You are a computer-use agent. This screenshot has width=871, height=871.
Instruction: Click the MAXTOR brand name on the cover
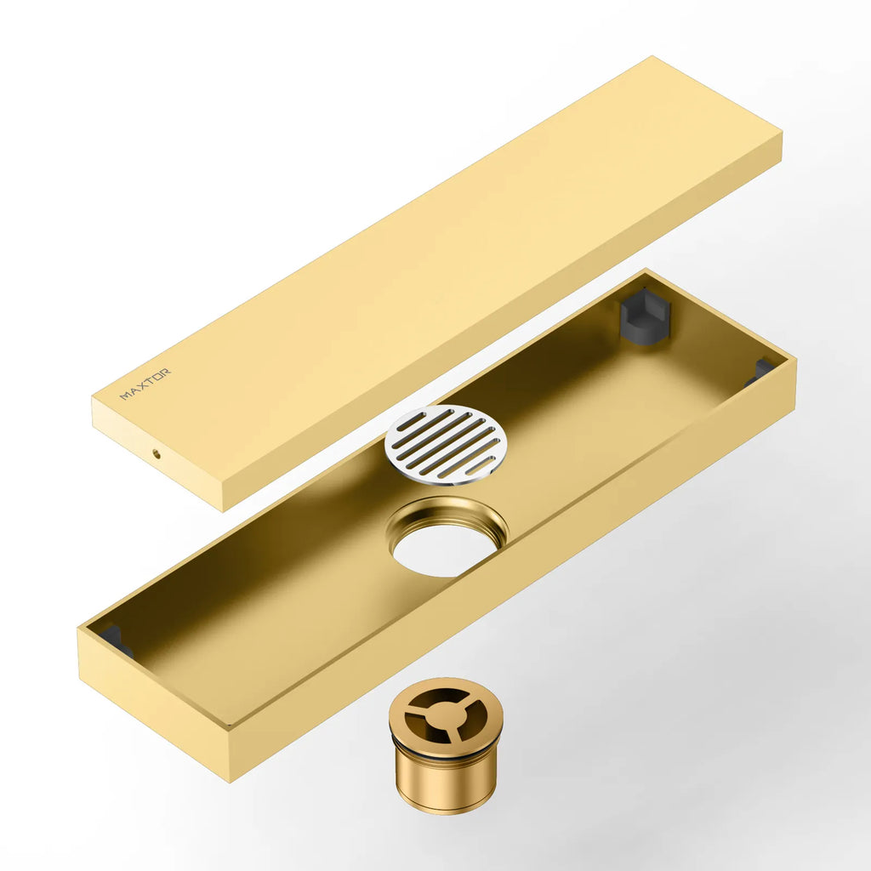tap(145, 384)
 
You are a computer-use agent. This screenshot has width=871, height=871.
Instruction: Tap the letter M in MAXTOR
tap(125, 396)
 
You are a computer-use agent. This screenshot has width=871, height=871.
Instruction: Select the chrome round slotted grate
tap(446, 444)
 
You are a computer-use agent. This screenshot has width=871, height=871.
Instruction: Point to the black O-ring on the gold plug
tap(447, 754)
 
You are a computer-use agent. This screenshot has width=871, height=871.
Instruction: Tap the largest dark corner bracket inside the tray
tap(645, 316)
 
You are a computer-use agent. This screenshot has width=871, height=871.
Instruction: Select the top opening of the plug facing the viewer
tap(446, 714)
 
